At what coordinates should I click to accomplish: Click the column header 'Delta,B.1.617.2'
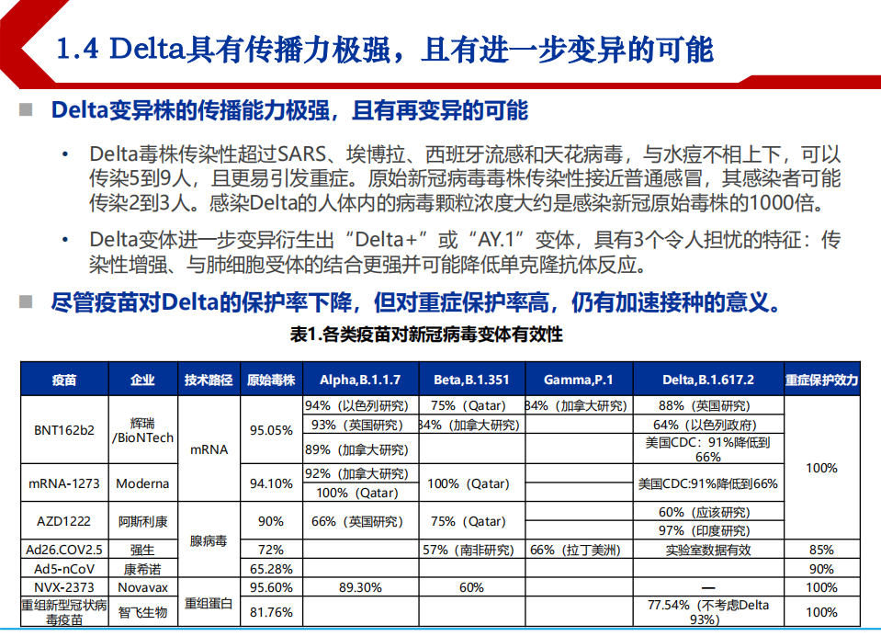(707, 380)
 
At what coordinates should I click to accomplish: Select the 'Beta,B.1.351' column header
(470, 380)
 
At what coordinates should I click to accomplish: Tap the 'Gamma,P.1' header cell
(578, 380)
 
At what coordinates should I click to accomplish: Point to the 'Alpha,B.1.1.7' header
(360, 380)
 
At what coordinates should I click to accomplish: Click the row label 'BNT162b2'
(64, 429)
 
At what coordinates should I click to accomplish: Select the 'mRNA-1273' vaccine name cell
(64, 483)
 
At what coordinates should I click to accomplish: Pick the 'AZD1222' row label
(64, 521)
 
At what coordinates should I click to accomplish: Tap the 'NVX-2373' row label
(64, 587)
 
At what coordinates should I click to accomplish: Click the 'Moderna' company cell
(142, 483)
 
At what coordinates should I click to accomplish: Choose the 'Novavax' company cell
(142, 587)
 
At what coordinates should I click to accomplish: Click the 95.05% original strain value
(271, 429)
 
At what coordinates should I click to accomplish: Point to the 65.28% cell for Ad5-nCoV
(271, 569)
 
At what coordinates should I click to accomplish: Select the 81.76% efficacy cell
(271, 612)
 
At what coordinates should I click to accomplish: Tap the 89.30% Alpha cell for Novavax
(360, 587)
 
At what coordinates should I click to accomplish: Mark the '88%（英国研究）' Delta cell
(707, 405)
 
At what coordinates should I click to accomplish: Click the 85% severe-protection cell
(821, 550)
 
